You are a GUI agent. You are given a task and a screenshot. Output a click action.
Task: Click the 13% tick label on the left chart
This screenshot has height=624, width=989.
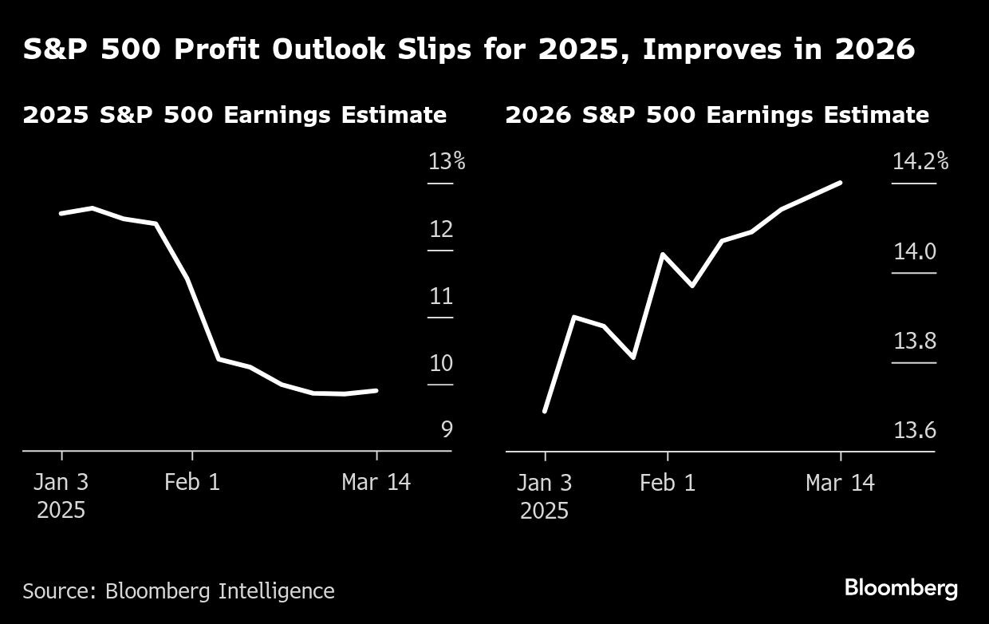446,162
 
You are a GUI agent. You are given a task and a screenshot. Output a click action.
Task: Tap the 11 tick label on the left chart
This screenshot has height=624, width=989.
441,297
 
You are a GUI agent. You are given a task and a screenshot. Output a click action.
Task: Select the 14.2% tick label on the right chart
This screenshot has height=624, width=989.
920,162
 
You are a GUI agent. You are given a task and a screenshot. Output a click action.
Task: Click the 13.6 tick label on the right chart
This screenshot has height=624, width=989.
914,431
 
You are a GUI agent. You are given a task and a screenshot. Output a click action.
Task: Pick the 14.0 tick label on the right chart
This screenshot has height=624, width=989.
914,252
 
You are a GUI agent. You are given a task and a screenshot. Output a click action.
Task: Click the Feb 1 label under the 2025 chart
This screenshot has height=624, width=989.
191,483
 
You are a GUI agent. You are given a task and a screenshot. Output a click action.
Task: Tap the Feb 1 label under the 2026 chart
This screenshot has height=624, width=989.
668,483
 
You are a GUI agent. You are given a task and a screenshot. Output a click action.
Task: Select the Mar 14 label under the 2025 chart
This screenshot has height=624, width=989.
376,483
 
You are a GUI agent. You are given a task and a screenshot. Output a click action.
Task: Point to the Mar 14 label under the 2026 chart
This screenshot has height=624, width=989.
840,483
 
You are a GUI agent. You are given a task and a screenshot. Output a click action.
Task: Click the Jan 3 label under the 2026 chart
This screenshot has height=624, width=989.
545,483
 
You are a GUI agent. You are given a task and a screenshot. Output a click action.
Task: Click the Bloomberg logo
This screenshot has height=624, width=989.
901,589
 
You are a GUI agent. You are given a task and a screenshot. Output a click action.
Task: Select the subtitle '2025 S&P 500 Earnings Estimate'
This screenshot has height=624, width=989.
234,115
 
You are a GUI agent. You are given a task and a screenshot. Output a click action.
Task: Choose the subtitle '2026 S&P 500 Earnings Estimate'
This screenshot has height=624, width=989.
717,115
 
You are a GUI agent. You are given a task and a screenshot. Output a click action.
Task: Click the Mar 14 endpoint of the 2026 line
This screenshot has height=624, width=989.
841,182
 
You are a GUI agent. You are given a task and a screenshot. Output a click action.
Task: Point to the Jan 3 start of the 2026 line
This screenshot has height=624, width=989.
545,412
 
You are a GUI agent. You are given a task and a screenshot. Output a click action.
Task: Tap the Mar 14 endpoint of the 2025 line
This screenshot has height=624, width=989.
376,390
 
